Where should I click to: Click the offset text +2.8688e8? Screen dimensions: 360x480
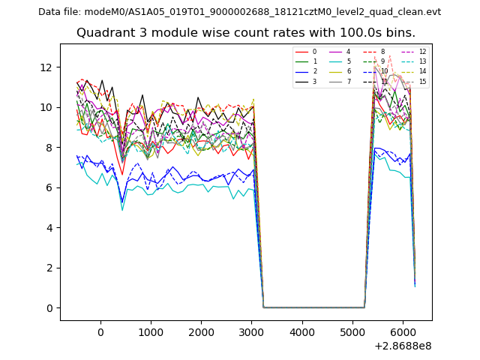(402, 346)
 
